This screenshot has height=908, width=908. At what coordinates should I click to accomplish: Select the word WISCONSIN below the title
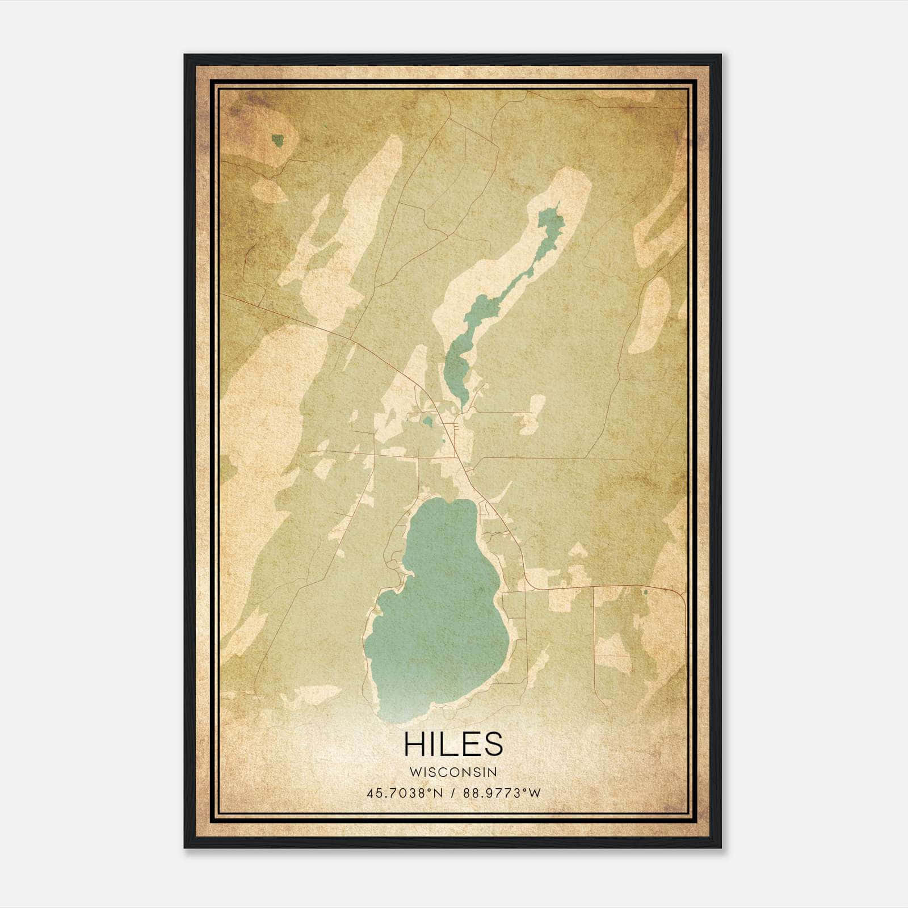point(453,772)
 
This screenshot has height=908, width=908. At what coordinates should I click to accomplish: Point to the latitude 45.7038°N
point(403,793)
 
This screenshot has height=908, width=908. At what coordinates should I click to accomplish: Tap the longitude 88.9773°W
point(502,793)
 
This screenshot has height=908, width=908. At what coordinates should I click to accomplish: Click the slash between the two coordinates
point(453,793)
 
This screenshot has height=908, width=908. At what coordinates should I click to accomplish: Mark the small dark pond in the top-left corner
point(278,140)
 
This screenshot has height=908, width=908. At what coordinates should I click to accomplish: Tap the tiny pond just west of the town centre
point(427,421)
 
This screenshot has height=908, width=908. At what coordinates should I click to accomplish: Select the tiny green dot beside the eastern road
point(645,592)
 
